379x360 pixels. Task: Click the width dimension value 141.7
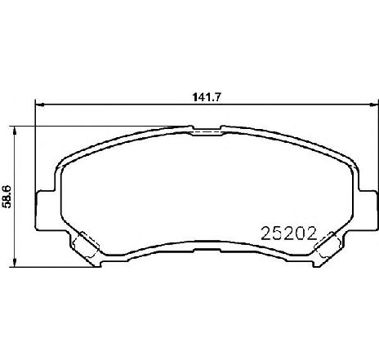point(206,97)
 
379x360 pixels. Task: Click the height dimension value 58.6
point(6,197)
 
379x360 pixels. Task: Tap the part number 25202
point(289,233)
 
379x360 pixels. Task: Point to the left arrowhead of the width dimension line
point(40,104)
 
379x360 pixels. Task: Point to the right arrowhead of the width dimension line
point(373,104)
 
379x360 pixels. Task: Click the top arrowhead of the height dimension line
point(15,131)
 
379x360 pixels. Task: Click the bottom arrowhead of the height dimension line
point(15,262)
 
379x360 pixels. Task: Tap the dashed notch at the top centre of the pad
point(207,132)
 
